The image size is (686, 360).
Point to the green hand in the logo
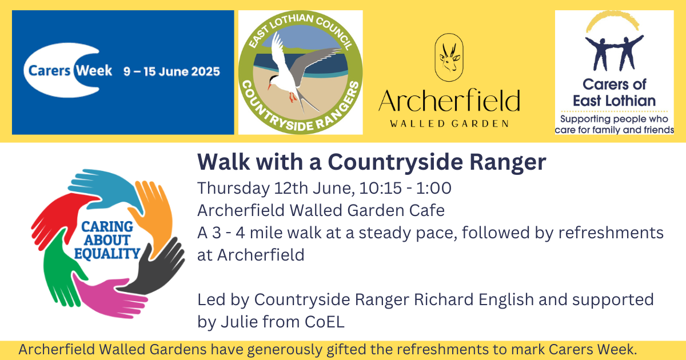pyautogui.click(x=61, y=269)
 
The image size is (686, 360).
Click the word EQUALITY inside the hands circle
pyautogui.click(x=107, y=254)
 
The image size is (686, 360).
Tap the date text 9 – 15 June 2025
pyautogui.click(x=171, y=71)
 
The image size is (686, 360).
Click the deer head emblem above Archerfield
pyautogui.click(x=449, y=58)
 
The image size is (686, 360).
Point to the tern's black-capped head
pyautogui.click(x=273, y=81)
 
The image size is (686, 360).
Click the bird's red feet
pyautogui.click(x=293, y=97)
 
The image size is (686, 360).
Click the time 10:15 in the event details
pyautogui.click(x=380, y=188)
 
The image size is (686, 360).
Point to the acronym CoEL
pyautogui.click(x=325, y=322)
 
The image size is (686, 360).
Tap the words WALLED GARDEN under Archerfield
pyautogui.click(x=449, y=123)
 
